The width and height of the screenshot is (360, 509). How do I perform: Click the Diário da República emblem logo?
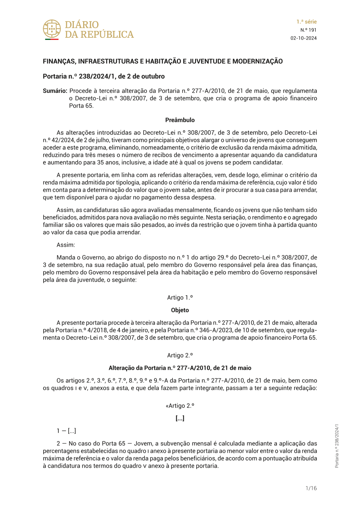tap(52, 29)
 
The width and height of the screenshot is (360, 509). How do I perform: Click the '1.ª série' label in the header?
tap(306, 22)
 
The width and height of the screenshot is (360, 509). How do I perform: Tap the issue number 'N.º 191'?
tap(309, 30)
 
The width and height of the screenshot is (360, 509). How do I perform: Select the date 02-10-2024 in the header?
tap(303, 38)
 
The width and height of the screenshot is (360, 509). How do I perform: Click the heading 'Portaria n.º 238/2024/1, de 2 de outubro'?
tap(104, 76)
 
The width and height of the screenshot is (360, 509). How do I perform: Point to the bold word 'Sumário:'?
tap(55, 91)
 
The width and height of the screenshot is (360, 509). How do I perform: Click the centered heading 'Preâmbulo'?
tap(180, 120)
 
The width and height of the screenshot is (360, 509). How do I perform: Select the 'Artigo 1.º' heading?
tap(180, 297)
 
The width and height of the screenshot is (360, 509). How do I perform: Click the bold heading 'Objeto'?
tap(180, 310)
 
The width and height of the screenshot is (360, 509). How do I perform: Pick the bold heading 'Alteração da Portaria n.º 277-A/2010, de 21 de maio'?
tap(180, 368)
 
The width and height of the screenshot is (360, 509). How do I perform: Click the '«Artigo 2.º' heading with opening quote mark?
tap(180, 406)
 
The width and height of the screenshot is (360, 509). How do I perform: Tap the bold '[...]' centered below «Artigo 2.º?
tap(180, 418)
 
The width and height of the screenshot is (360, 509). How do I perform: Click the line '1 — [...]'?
tap(66, 431)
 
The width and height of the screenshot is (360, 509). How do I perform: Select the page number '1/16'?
tap(311, 488)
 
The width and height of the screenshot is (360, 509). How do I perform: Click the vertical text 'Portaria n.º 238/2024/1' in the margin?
tap(337, 446)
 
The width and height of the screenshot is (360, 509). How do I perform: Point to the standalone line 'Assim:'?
tap(66, 245)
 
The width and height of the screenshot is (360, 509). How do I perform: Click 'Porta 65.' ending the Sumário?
tap(81, 106)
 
